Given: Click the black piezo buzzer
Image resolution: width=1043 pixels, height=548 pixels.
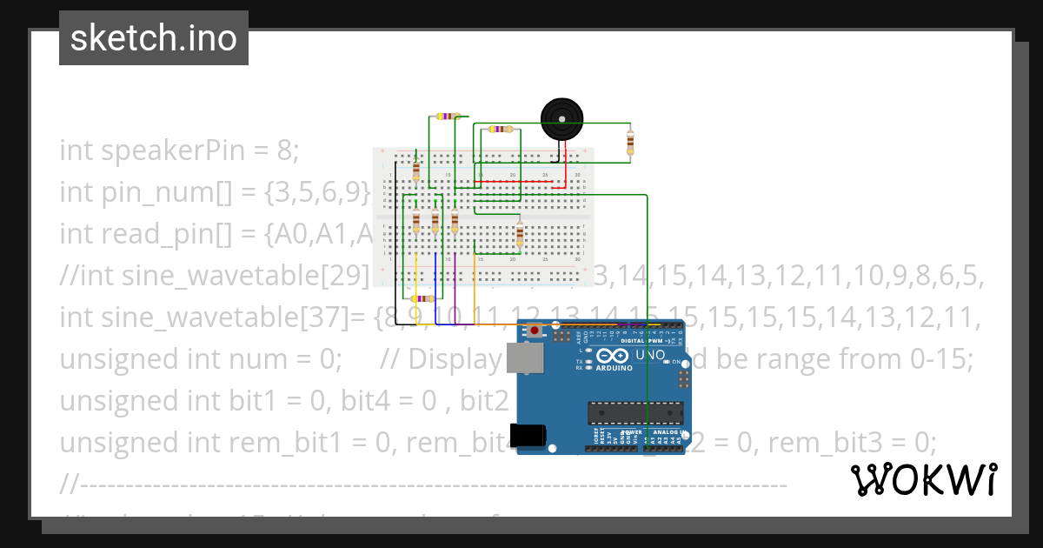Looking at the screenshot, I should (561, 119).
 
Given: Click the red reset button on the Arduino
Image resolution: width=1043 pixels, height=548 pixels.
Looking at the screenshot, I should (535, 331).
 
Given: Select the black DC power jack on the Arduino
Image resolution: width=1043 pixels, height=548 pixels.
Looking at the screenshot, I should (529, 435).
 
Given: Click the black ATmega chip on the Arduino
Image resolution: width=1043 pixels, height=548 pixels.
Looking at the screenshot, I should (631, 414).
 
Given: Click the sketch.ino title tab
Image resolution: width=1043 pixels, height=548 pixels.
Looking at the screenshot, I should (154, 38).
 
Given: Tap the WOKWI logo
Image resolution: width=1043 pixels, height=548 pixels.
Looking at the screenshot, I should (923, 479).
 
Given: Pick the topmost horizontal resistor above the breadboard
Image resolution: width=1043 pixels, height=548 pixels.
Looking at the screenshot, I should (448, 116).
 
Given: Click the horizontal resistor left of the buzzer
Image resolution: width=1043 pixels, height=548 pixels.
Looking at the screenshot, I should (501, 129).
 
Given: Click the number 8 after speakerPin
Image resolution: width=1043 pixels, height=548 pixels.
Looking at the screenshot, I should (284, 150).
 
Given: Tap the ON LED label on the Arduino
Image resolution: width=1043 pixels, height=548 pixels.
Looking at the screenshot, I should (675, 361).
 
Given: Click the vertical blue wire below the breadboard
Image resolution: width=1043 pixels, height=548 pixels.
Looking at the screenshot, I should (434, 291).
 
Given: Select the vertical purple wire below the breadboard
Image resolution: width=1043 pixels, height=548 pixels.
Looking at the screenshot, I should (455, 291).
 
